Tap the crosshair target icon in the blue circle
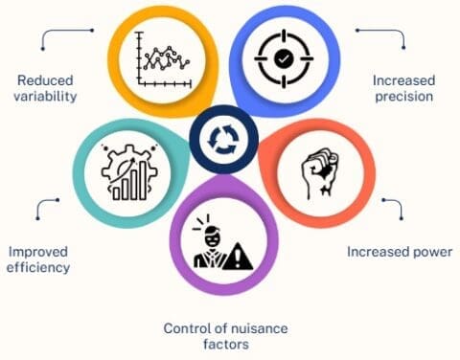tap(283, 57)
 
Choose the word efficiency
tap(39, 268)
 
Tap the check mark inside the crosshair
tap(283, 57)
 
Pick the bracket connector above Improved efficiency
tap(46, 208)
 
